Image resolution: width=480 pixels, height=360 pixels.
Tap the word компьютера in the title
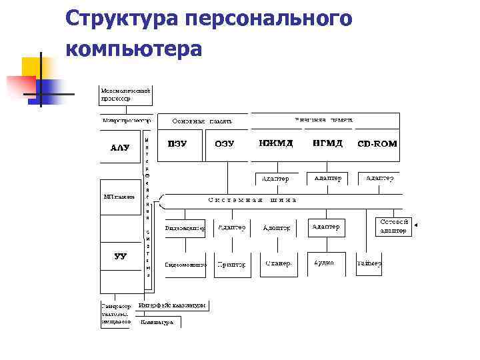pyautogui.click(x=133, y=49)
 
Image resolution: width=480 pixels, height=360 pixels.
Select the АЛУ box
pyautogui.click(x=120, y=147)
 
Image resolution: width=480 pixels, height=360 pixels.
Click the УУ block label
pyautogui.click(x=120, y=256)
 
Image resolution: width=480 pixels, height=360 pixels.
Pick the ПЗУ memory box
pyautogui.click(x=177, y=144)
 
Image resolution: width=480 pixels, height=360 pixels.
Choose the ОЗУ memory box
pyautogui.click(x=225, y=144)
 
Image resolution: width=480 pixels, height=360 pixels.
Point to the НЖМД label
pyautogui.click(x=275, y=143)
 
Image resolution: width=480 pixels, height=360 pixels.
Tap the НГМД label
pyautogui.click(x=327, y=143)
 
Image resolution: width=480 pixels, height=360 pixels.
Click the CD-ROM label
pyautogui.click(x=377, y=144)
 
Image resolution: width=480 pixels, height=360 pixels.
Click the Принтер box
pyautogui.click(x=231, y=265)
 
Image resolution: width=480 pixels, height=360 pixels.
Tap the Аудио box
pyautogui.click(x=325, y=263)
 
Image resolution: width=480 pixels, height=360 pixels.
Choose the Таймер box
pyautogui.click(x=369, y=264)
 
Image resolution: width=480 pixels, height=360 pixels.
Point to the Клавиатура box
pyautogui.click(x=157, y=322)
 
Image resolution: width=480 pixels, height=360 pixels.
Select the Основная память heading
pyautogui.click(x=202, y=121)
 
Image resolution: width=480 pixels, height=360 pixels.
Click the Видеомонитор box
pyautogui.click(x=185, y=265)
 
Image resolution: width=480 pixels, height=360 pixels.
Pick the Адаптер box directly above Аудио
pyautogui.click(x=325, y=227)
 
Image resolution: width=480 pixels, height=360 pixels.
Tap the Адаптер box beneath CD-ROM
pyautogui.click(x=379, y=179)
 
